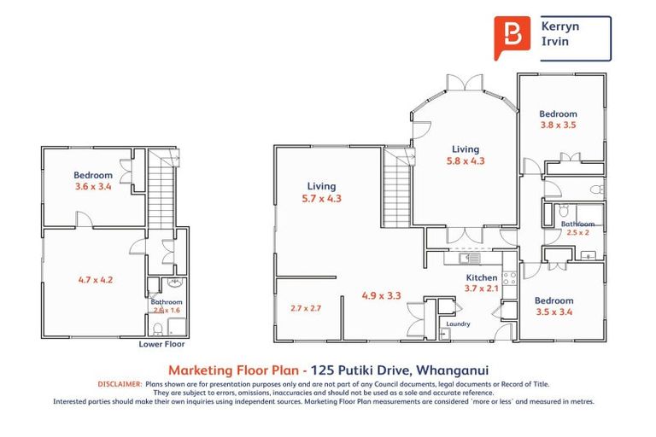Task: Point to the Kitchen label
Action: click(481, 278)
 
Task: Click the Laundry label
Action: click(457, 323)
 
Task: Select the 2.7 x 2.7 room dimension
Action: click(305, 308)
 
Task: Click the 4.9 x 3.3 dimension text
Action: click(381, 296)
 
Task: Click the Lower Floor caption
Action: click(161, 345)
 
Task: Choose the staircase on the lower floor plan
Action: click(161, 192)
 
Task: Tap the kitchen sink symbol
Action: click(468, 257)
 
